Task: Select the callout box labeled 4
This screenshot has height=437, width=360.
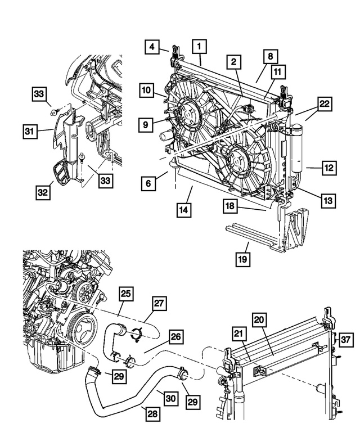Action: pos(151,47)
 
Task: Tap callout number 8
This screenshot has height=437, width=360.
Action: pos(270,56)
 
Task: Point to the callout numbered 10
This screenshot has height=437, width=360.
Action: pos(146,89)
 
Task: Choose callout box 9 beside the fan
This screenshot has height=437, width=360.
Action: pos(146,124)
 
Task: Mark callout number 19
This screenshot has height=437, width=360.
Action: pos(242,259)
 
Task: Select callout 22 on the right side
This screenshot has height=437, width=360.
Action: pos(325,105)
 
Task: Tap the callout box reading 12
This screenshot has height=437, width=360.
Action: pos(328,167)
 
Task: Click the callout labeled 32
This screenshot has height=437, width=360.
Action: pos(43,192)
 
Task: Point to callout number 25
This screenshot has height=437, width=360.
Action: pos(126,293)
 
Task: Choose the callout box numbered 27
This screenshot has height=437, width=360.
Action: pos(158,304)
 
